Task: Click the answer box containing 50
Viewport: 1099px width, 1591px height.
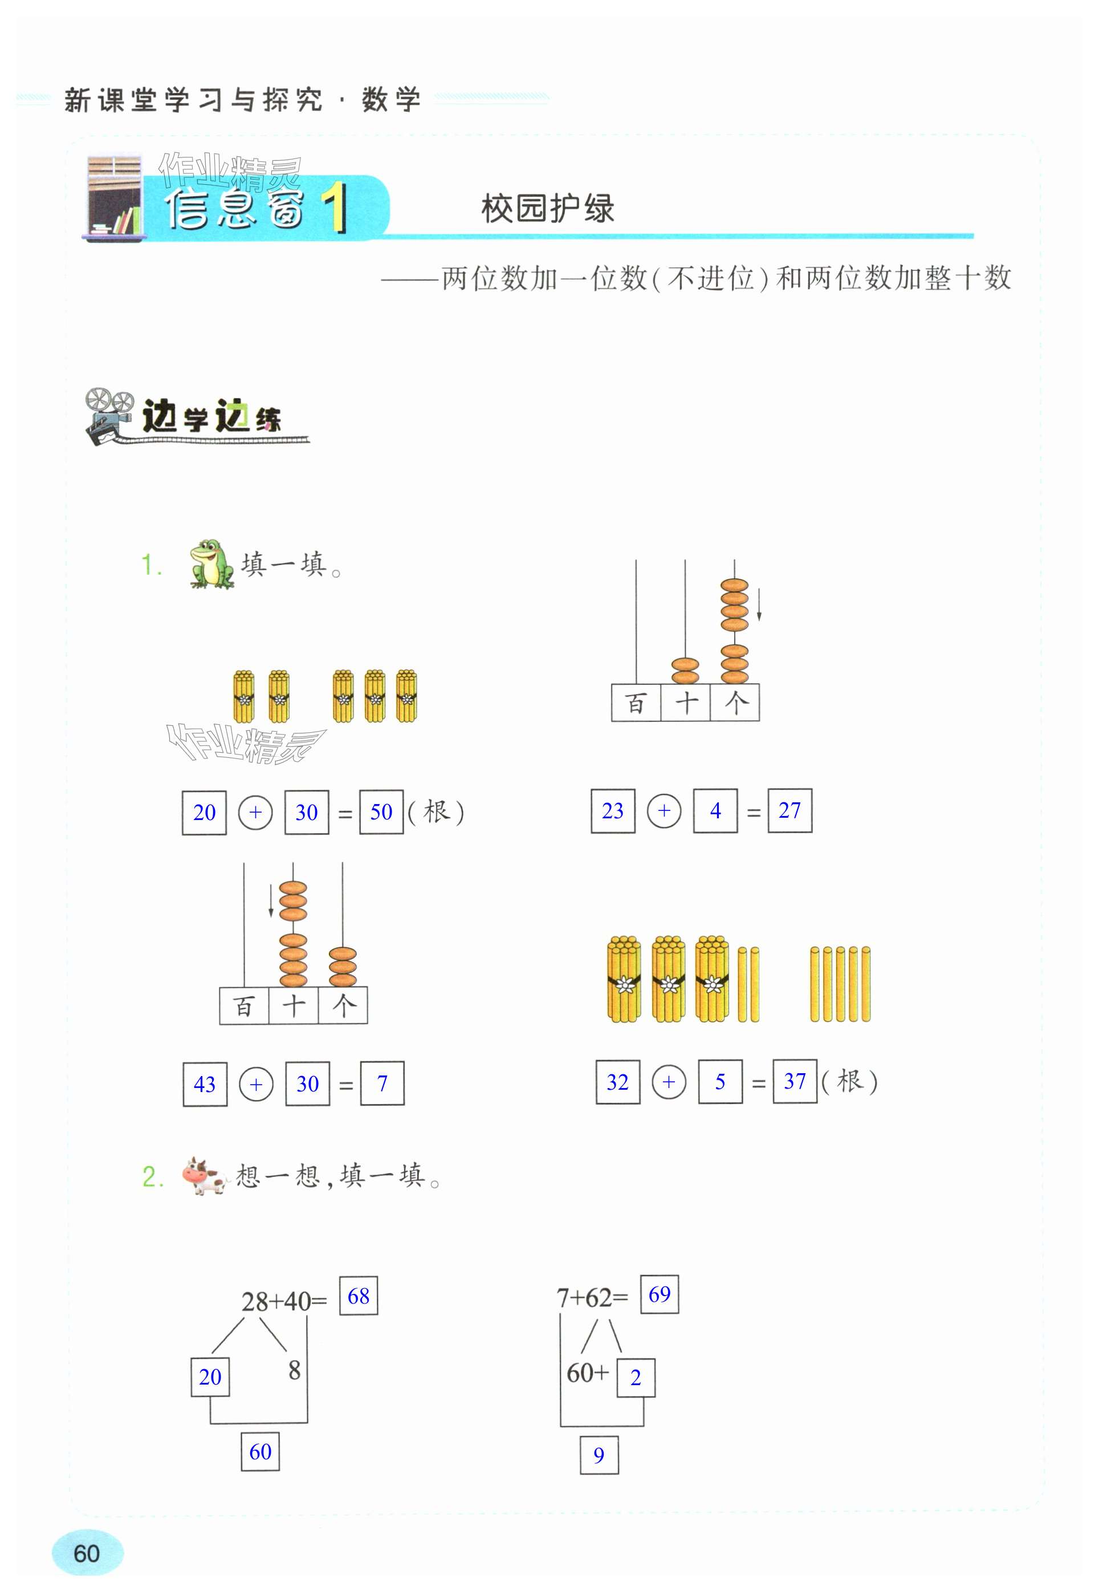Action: [x=381, y=813]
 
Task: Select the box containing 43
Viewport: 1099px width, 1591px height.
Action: [x=205, y=1084]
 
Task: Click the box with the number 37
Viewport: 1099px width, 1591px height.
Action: [x=795, y=1081]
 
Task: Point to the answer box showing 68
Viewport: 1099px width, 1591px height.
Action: [x=358, y=1296]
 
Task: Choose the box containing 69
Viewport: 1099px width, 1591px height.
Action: [x=659, y=1294]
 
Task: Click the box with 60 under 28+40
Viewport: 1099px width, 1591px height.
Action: [x=259, y=1451]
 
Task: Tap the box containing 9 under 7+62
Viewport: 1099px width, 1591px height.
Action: [x=599, y=1455]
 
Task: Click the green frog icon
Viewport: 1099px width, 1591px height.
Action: [x=211, y=564]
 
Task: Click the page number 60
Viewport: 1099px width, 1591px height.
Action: [x=87, y=1553]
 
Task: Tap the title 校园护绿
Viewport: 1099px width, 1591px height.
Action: [x=547, y=209]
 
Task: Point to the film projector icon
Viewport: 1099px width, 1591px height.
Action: [x=109, y=415]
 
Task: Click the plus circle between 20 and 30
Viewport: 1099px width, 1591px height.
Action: [x=255, y=813]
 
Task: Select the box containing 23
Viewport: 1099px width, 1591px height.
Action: [x=612, y=811]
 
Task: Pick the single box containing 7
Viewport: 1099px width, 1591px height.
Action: [x=382, y=1084]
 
